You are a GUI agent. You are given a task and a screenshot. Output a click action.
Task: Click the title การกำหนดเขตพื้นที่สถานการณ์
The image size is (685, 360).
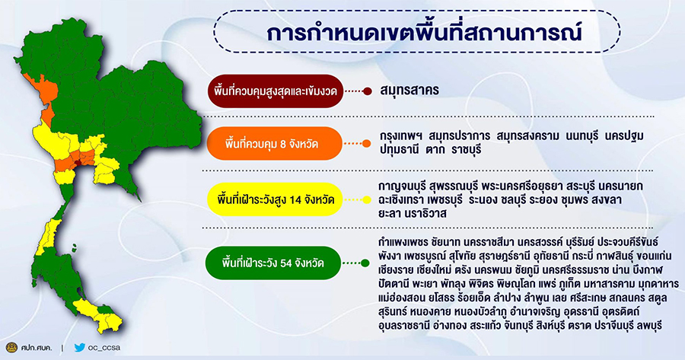[423, 34]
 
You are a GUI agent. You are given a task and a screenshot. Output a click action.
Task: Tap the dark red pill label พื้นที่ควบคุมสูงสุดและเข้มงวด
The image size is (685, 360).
[276, 91]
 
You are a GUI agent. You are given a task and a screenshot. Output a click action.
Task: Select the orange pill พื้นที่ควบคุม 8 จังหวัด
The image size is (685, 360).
[275, 143]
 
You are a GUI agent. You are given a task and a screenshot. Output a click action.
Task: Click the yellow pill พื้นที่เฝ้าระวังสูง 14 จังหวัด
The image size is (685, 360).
[275, 199]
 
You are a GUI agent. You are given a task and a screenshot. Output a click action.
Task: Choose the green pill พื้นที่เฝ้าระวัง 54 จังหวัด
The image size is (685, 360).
[273, 263]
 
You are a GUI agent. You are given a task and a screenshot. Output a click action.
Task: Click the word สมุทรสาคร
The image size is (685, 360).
[409, 91]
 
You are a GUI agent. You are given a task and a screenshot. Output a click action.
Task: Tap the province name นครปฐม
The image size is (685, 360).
[624, 136]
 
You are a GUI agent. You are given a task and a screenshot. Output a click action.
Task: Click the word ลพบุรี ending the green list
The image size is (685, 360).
[650, 326]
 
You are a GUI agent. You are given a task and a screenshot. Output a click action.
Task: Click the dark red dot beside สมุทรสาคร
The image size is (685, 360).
[368, 91]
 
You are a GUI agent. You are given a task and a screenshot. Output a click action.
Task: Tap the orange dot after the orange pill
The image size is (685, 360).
[367, 143]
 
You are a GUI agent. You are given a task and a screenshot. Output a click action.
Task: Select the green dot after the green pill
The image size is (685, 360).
[365, 263]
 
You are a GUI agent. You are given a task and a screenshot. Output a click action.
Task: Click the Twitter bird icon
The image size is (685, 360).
[79, 348]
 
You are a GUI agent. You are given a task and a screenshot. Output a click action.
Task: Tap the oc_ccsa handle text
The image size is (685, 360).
[104, 349]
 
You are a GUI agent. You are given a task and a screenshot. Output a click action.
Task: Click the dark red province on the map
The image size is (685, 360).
[78, 163]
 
